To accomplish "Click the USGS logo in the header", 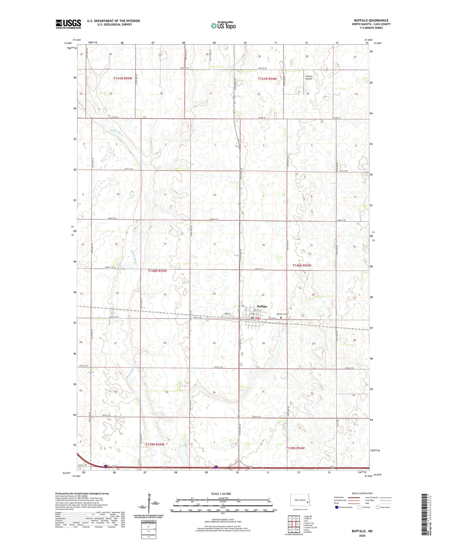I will pyautogui.click(x=68, y=24).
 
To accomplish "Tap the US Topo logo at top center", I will pyautogui.click(x=223, y=26).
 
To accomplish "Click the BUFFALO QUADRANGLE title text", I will pyautogui.click(x=371, y=21).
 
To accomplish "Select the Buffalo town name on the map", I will pyautogui.click(x=262, y=306).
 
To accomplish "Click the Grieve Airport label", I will pyautogui.click(x=309, y=77).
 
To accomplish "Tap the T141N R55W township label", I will pyautogui.click(x=123, y=78).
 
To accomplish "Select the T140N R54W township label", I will pyautogui.click(x=302, y=265).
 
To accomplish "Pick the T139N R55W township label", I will pyautogui.click(x=155, y=444).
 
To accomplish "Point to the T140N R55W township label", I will pyautogui.click(x=157, y=271).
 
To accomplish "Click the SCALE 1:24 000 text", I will pyautogui.click(x=221, y=494).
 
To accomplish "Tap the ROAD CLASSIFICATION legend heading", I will pyautogui.click(x=362, y=493).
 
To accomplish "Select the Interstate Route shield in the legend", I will pyautogui.click(x=337, y=507).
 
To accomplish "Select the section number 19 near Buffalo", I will pyautogui.click(x=263, y=295).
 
